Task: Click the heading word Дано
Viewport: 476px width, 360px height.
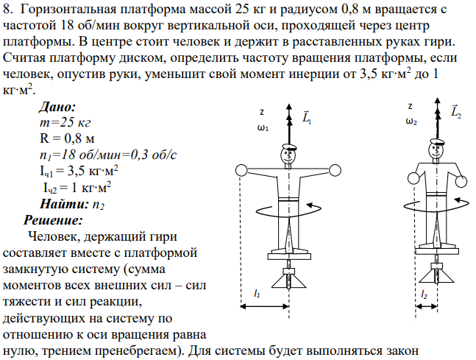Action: pos(57,107)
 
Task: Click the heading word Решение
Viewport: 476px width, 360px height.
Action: pos(53,220)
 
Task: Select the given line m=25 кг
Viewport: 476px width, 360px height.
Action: pos(65,122)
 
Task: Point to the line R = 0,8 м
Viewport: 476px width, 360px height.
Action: pos(67,138)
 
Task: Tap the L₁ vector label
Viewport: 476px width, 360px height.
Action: pos(307,117)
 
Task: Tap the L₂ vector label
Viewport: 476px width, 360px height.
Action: pos(456,111)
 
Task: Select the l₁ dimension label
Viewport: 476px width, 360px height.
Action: pos(257,294)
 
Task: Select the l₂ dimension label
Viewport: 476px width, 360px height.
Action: pos(424,294)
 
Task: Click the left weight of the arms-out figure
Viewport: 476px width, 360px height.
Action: pos(241,171)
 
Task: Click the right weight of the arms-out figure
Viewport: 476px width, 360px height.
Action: pos(335,171)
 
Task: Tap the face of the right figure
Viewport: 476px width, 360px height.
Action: pos(436,150)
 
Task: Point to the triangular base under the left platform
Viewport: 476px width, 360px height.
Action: pos(288,282)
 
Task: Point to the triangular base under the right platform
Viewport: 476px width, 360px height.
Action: pos(437,276)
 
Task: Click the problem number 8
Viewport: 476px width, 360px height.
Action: pos(8,10)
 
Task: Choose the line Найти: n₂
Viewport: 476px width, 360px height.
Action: pos(72,204)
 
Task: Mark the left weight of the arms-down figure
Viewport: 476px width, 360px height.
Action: pos(413,178)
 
